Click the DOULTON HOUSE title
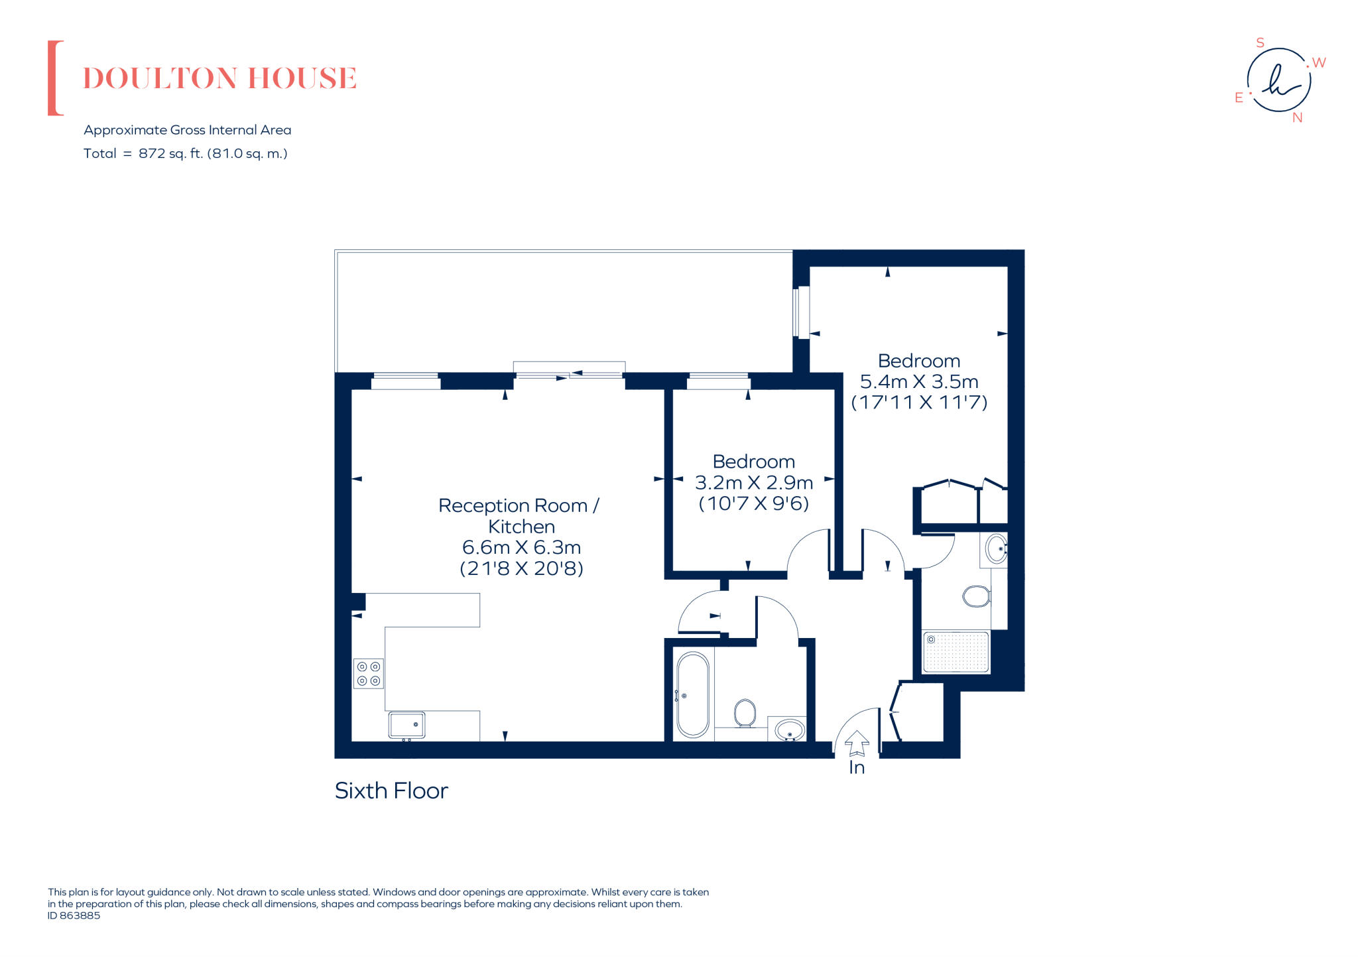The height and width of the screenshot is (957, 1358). click(x=219, y=78)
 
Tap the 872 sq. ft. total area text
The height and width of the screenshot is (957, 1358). click(x=212, y=153)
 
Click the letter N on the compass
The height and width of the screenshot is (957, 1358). click(x=1298, y=118)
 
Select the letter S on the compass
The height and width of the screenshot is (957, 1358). click(x=1261, y=43)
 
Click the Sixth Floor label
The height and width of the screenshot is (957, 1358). click(x=391, y=791)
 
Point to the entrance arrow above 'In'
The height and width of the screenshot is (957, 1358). click(x=857, y=743)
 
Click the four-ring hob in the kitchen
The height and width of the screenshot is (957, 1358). click(x=369, y=674)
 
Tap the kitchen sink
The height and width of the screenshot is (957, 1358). click(x=406, y=725)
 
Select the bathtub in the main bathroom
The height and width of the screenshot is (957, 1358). click(x=693, y=695)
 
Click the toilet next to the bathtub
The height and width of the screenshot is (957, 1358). click(x=745, y=714)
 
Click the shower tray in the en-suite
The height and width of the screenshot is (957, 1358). click(x=956, y=652)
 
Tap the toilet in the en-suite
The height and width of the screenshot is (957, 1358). click(x=976, y=596)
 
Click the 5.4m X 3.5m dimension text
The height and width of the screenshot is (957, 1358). click(x=919, y=381)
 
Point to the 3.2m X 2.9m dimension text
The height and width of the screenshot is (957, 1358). click(x=754, y=482)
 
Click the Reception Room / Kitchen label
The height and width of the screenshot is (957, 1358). click(x=519, y=515)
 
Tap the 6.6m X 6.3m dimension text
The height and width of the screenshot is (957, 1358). click(x=521, y=547)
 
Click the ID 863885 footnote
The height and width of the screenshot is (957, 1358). click(x=74, y=915)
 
